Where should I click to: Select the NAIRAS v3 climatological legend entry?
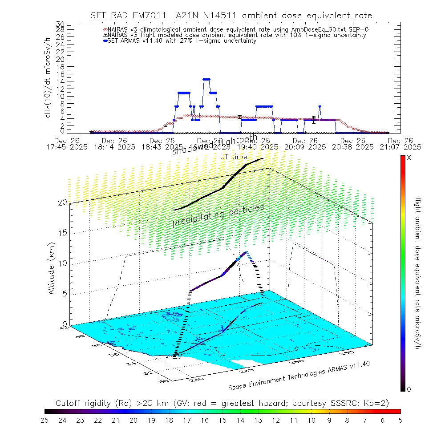[x=236, y=29]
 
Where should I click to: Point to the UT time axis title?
[x=234, y=157]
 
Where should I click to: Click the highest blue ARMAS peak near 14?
[x=206, y=79]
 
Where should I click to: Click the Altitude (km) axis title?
[x=52, y=268]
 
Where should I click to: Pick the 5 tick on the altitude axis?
[x=64, y=293]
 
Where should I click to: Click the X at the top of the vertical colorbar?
[x=409, y=158]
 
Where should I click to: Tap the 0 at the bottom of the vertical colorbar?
[x=409, y=389]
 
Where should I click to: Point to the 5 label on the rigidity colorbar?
[x=400, y=420]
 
